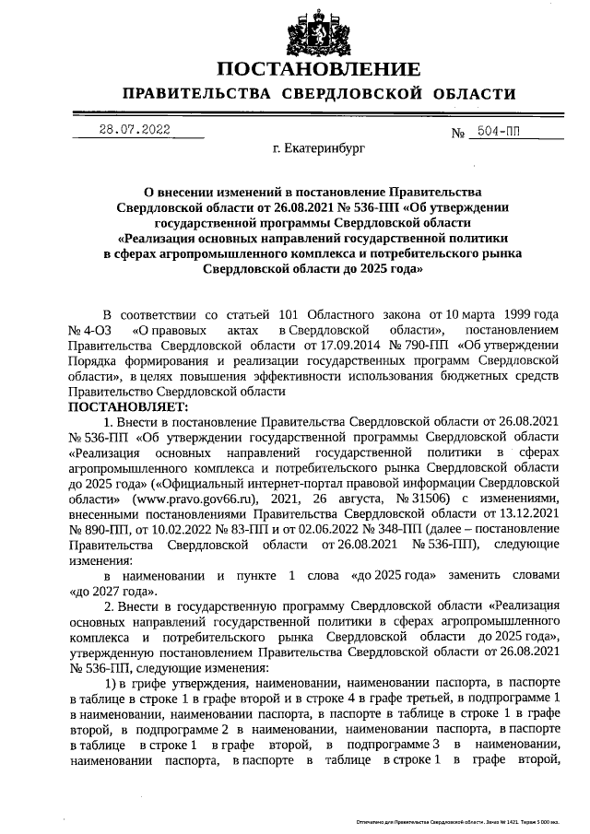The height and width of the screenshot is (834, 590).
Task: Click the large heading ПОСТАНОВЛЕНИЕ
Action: pos(319,70)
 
